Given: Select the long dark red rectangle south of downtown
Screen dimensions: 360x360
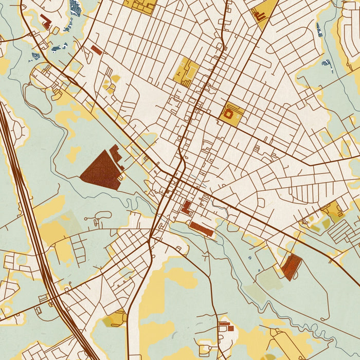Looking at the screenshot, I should click(202, 229).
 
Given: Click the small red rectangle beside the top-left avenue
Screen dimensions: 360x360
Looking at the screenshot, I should click(96, 50).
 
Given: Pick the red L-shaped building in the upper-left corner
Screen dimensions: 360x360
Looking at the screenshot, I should click(46, 22).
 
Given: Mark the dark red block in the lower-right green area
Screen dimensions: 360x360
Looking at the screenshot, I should click(291, 266).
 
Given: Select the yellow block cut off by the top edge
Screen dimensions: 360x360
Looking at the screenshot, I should click(140, 6).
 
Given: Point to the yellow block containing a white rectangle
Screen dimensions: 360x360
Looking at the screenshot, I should click(186, 71).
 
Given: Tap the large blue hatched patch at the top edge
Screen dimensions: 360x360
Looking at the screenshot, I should click(75, 7).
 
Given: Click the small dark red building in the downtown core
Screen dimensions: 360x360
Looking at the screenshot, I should click(186, 207).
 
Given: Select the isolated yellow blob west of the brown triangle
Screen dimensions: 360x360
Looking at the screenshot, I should click(74, 153).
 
